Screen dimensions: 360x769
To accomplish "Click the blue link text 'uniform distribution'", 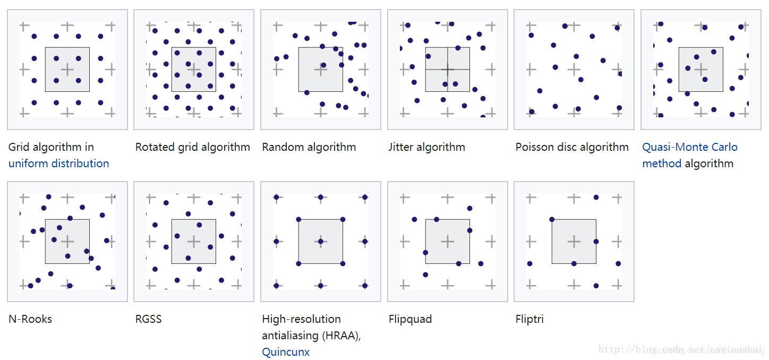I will click(x=59, y=164).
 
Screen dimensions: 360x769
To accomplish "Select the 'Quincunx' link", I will click(x=286, y=352).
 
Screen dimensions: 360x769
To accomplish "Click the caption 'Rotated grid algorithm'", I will click(x=192, y=147).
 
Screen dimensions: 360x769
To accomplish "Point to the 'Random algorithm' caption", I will click(x=309, y=147).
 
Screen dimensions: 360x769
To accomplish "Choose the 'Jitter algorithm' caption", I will click(x=426, y=147).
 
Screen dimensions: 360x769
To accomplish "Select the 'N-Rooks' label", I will click(x=30, y=319).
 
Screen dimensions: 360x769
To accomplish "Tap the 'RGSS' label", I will click(x=148, y=319).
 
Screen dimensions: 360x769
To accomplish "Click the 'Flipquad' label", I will click(x=410, y=319).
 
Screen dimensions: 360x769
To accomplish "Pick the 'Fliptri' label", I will click(x=529, y=319).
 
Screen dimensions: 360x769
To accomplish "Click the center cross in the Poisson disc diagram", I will click(x=574, y=69).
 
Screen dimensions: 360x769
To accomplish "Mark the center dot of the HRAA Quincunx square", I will click(x=320, y=242).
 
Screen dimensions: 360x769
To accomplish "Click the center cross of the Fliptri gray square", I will click(x=574, y=242).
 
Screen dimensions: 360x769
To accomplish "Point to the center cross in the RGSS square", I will click(x=194, y=242).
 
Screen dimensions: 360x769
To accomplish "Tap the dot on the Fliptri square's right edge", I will click(x=596, y=242).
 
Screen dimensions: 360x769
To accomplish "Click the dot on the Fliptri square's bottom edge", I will click(x=574, y=263).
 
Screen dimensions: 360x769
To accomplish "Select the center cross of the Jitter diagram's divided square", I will click(x=448, y=69).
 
